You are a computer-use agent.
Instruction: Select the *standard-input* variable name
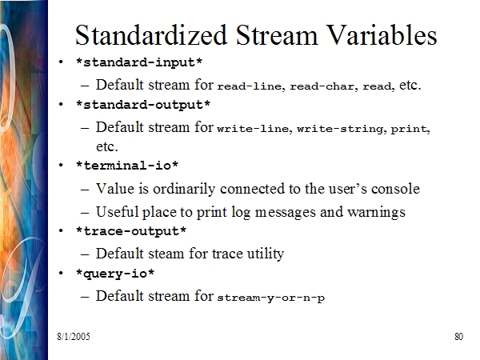pyautogui.click(x=139, y=62)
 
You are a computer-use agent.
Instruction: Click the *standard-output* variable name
pyautogui.click(x=143, y=105)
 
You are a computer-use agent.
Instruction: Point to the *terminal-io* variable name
pyautogui.click(x=127, y=166)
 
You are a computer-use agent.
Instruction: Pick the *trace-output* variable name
pyautogui.click(x=131, y=231)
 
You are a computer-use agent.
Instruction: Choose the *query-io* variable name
pyautogui.click(x=115, y=274)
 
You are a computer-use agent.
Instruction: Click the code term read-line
pyautogui.click(x=249, y=86)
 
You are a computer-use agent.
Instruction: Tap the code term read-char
pyautogui.click(x=322, y=86)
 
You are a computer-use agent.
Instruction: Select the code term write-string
pyautogui.click(x=339, y=129)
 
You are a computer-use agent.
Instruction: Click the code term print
pyautogui.click(x=409, y=129)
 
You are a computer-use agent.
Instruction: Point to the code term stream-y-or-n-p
pyautogui.click(x=271, y=298)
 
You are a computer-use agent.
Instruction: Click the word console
pyautogui.click(x=395, y=189)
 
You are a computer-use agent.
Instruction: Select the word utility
pyautogui.click(x=266, y=254)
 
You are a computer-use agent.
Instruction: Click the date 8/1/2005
pyautogui.click(x=74, y=337)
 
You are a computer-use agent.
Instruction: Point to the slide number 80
pyautogui.click(x=459, y=337)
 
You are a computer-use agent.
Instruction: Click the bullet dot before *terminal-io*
pyautogui.click(x=61, y=166)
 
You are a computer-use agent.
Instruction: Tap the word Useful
pyautogui.click(x=118, y=211)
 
